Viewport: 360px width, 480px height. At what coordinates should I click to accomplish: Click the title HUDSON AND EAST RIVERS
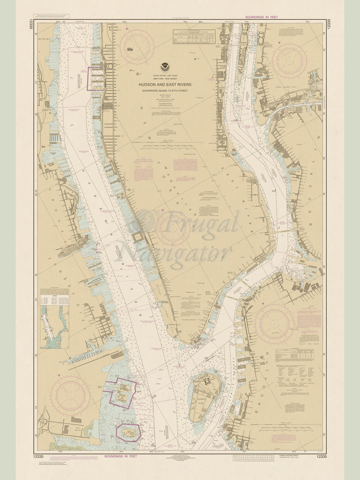[165, 85]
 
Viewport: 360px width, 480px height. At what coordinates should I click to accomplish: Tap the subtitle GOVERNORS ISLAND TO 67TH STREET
[165, 90]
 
